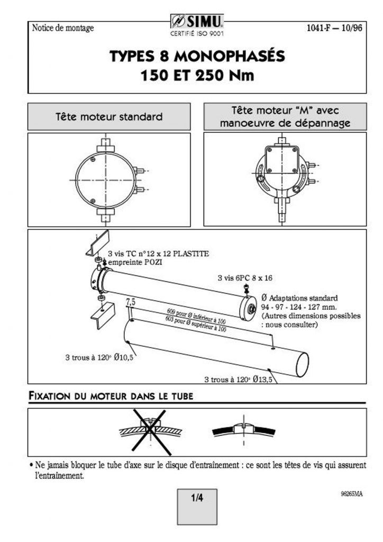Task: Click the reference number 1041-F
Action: coord(321,28)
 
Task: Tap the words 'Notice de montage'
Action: coord(63,28)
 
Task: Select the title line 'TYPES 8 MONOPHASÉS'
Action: coord(197,56)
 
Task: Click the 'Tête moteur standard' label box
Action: coord(109,116)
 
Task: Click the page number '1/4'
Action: coord(197,498)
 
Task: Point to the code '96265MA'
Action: coord(352,494)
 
